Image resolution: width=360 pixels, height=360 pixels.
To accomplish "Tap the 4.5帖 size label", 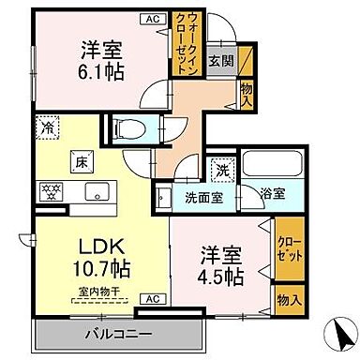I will pyautogui.click(x=222, y=277).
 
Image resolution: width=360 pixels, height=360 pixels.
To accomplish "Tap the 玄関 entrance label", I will pyautogui.click(x=221, y=62).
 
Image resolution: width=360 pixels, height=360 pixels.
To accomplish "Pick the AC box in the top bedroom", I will pyautogui.click(x=152, y=17).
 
